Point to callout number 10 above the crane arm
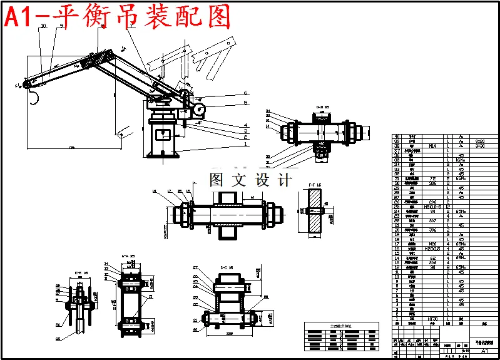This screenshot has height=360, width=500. pyautogui.click(x=43, y=26)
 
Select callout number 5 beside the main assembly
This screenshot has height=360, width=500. pyautogui.click(x=246, y=102)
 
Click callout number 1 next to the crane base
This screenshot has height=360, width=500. pyautogui.click(x=246, y=143)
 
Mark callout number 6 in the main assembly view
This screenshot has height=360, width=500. pyautogui.click(x=246, y=93)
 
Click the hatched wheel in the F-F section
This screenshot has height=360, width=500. pyautogui.click(x=314, y=211)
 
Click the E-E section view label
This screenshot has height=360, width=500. pyautogui.click(x=79, y=273)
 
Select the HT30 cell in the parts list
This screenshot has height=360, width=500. pyautogui.click(x=432, y=319)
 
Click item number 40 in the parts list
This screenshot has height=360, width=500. pyautogui.click(x=396, y=136)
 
